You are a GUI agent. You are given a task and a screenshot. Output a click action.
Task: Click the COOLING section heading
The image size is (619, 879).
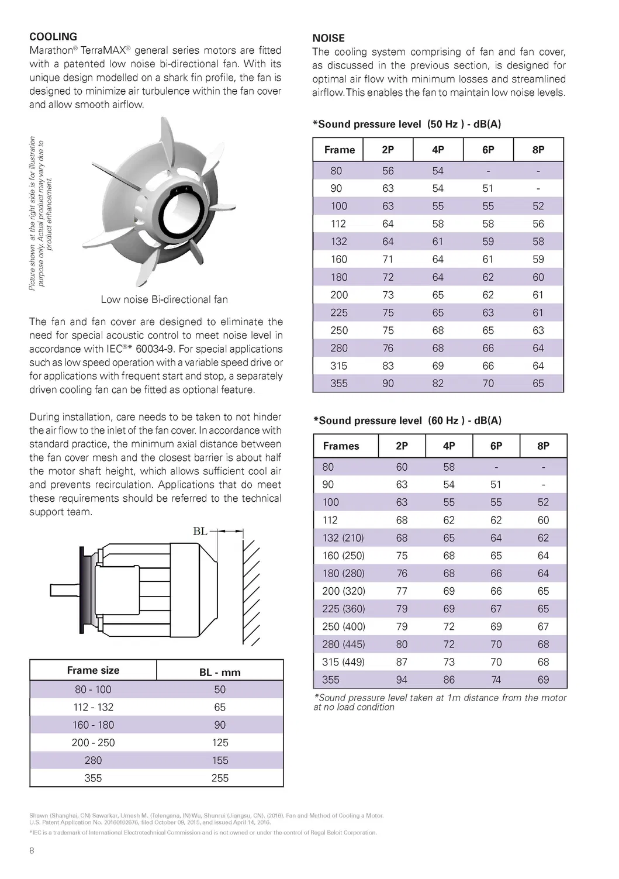[53, 37]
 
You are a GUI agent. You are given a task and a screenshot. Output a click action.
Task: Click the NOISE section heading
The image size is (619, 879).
[328, 38]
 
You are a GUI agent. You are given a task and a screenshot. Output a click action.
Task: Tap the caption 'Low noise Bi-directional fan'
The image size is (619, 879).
[164, 299]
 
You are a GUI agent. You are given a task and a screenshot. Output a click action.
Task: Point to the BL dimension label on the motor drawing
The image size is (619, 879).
[200, 531]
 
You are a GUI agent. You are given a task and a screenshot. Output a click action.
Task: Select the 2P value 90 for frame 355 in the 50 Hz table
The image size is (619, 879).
[388, 384]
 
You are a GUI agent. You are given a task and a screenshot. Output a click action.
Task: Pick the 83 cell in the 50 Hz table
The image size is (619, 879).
[388, 366]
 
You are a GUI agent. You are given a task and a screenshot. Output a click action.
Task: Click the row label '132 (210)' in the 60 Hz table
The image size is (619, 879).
[343, 538]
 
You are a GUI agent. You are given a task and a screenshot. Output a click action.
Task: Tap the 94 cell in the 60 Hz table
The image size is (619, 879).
[402, 680]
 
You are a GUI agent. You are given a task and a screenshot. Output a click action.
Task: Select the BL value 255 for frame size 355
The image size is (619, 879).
[220, 778]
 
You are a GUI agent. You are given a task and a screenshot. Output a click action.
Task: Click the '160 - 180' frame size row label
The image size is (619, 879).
[93, 725]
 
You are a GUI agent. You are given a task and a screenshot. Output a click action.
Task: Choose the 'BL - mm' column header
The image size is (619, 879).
[220, 672]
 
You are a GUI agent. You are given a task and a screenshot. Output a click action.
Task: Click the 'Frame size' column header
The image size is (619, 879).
[93, 670]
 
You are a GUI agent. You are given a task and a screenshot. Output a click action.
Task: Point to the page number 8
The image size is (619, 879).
[32, 851]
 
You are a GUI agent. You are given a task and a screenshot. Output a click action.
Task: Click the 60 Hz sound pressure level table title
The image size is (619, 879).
[407, 420]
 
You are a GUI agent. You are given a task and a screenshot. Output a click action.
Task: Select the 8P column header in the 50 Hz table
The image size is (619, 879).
[538, 150]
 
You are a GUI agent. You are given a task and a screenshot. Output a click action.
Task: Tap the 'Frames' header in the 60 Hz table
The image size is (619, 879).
[341, 446]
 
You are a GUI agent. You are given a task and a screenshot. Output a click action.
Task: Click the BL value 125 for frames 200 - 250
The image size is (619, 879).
[220, 743]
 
